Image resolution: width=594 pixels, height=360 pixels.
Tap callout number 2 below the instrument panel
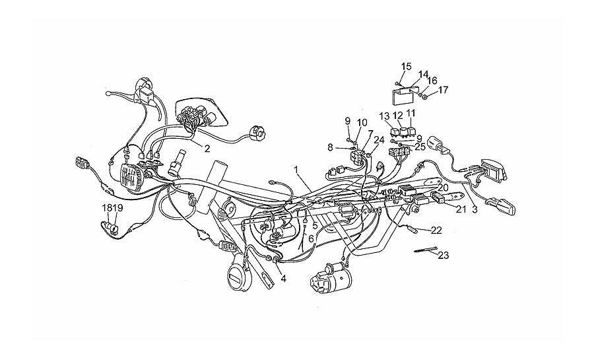pyautogui.click(x=207, y=149)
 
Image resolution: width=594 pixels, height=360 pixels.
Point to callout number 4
pyautogui.click(x=283, y=279)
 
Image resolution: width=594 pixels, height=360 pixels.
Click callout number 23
pyautogui.click(x=444, y=256)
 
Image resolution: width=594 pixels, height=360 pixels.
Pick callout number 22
pyautogui.click(x=436, y=231)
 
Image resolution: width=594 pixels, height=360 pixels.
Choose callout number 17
pyautogui.click(x=443, y=90)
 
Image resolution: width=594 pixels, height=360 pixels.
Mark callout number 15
pyautogui.click(x=406, y=67)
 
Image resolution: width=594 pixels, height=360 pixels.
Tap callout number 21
pyautogui.click(x=461, y=209)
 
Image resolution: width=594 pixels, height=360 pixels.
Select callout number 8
pyautogui.click(x=330, y=147)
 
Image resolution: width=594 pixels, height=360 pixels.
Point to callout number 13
pyautogui.click(x=385, y=115)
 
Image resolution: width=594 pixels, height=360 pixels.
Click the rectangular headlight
pyautogui.click(x=131, y=177)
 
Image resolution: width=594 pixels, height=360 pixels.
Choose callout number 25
pyautogui.click(x=420, y=147)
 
